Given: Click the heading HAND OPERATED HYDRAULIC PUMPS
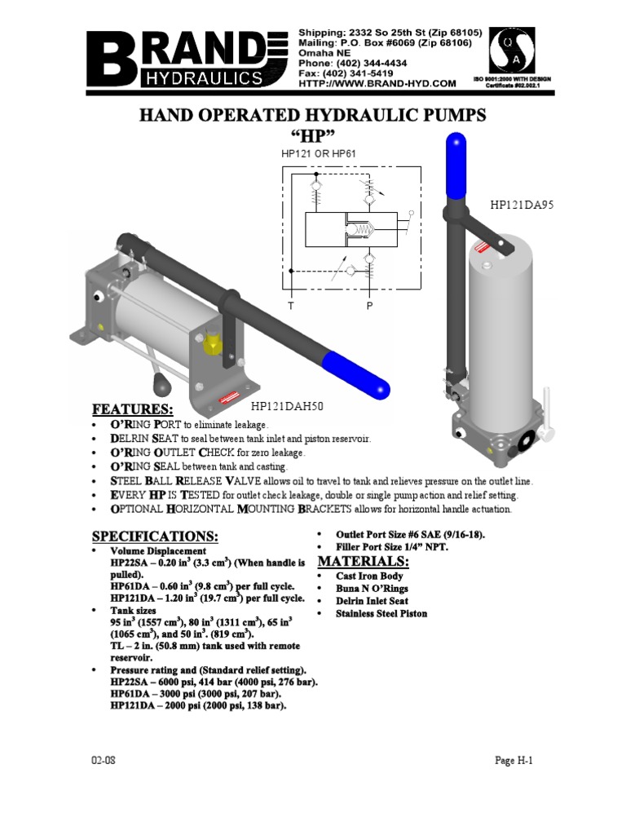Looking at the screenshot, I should [314, 116].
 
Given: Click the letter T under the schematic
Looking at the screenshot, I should [289, 306].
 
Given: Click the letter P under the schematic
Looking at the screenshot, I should [369, 306].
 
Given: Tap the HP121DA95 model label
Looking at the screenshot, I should [522, 205].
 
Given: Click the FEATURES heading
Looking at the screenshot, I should [133, 409].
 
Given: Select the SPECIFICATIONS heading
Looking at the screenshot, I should [155, 536].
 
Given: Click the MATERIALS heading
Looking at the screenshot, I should [362, 562].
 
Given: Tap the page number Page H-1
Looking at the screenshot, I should [514, 760].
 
